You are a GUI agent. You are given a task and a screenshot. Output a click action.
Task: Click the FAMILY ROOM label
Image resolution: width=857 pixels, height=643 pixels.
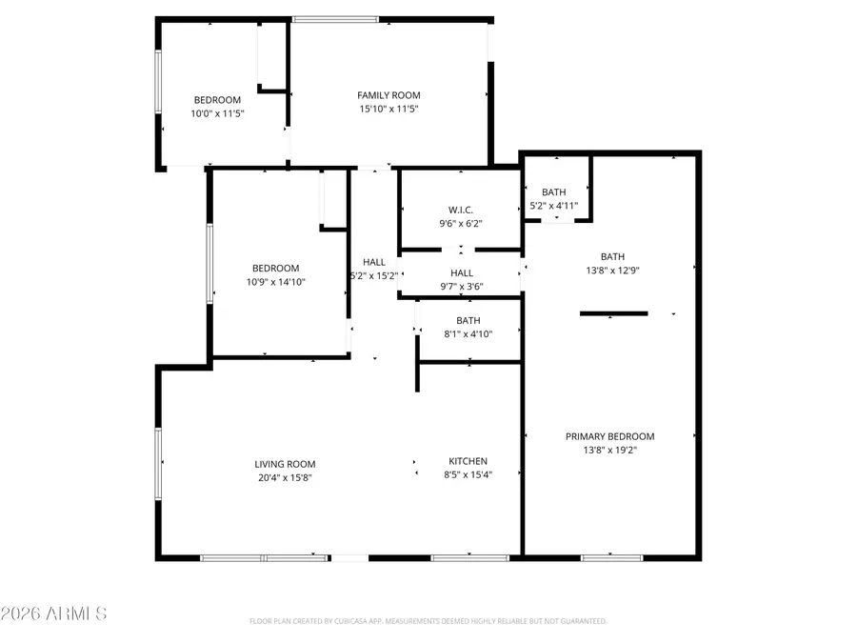[389, 95]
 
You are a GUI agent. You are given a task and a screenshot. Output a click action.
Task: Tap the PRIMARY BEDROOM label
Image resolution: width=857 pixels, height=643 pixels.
[609, 436]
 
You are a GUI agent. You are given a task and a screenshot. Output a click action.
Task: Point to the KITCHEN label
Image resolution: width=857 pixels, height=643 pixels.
[468, 461]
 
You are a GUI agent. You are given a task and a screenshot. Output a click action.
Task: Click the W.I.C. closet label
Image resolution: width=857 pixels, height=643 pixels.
[461, 211]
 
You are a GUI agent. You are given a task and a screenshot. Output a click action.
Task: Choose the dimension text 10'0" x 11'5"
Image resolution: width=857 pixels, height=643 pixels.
[218, 113]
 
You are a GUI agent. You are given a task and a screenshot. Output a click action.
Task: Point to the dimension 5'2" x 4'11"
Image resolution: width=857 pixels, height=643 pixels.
[554, 206]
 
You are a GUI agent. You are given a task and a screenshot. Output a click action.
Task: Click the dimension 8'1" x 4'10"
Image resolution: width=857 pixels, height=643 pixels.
[468, 334]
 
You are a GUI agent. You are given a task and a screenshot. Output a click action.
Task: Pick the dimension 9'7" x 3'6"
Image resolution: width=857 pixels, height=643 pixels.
[461, 287]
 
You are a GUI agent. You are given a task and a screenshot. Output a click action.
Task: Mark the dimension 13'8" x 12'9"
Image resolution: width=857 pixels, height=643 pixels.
[612, 270]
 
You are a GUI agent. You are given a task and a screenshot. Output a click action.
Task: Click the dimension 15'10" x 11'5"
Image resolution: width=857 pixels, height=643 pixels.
[389, 109]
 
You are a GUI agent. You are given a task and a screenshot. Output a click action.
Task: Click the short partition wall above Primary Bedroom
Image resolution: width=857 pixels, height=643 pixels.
[614, 313]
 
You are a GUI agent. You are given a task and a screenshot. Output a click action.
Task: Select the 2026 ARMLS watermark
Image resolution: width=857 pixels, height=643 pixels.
[54, 613]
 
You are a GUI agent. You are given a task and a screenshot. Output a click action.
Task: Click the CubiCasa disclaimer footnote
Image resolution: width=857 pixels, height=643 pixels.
[428, 621]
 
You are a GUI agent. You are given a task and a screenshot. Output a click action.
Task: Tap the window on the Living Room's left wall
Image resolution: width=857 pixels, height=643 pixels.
[159, 461]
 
